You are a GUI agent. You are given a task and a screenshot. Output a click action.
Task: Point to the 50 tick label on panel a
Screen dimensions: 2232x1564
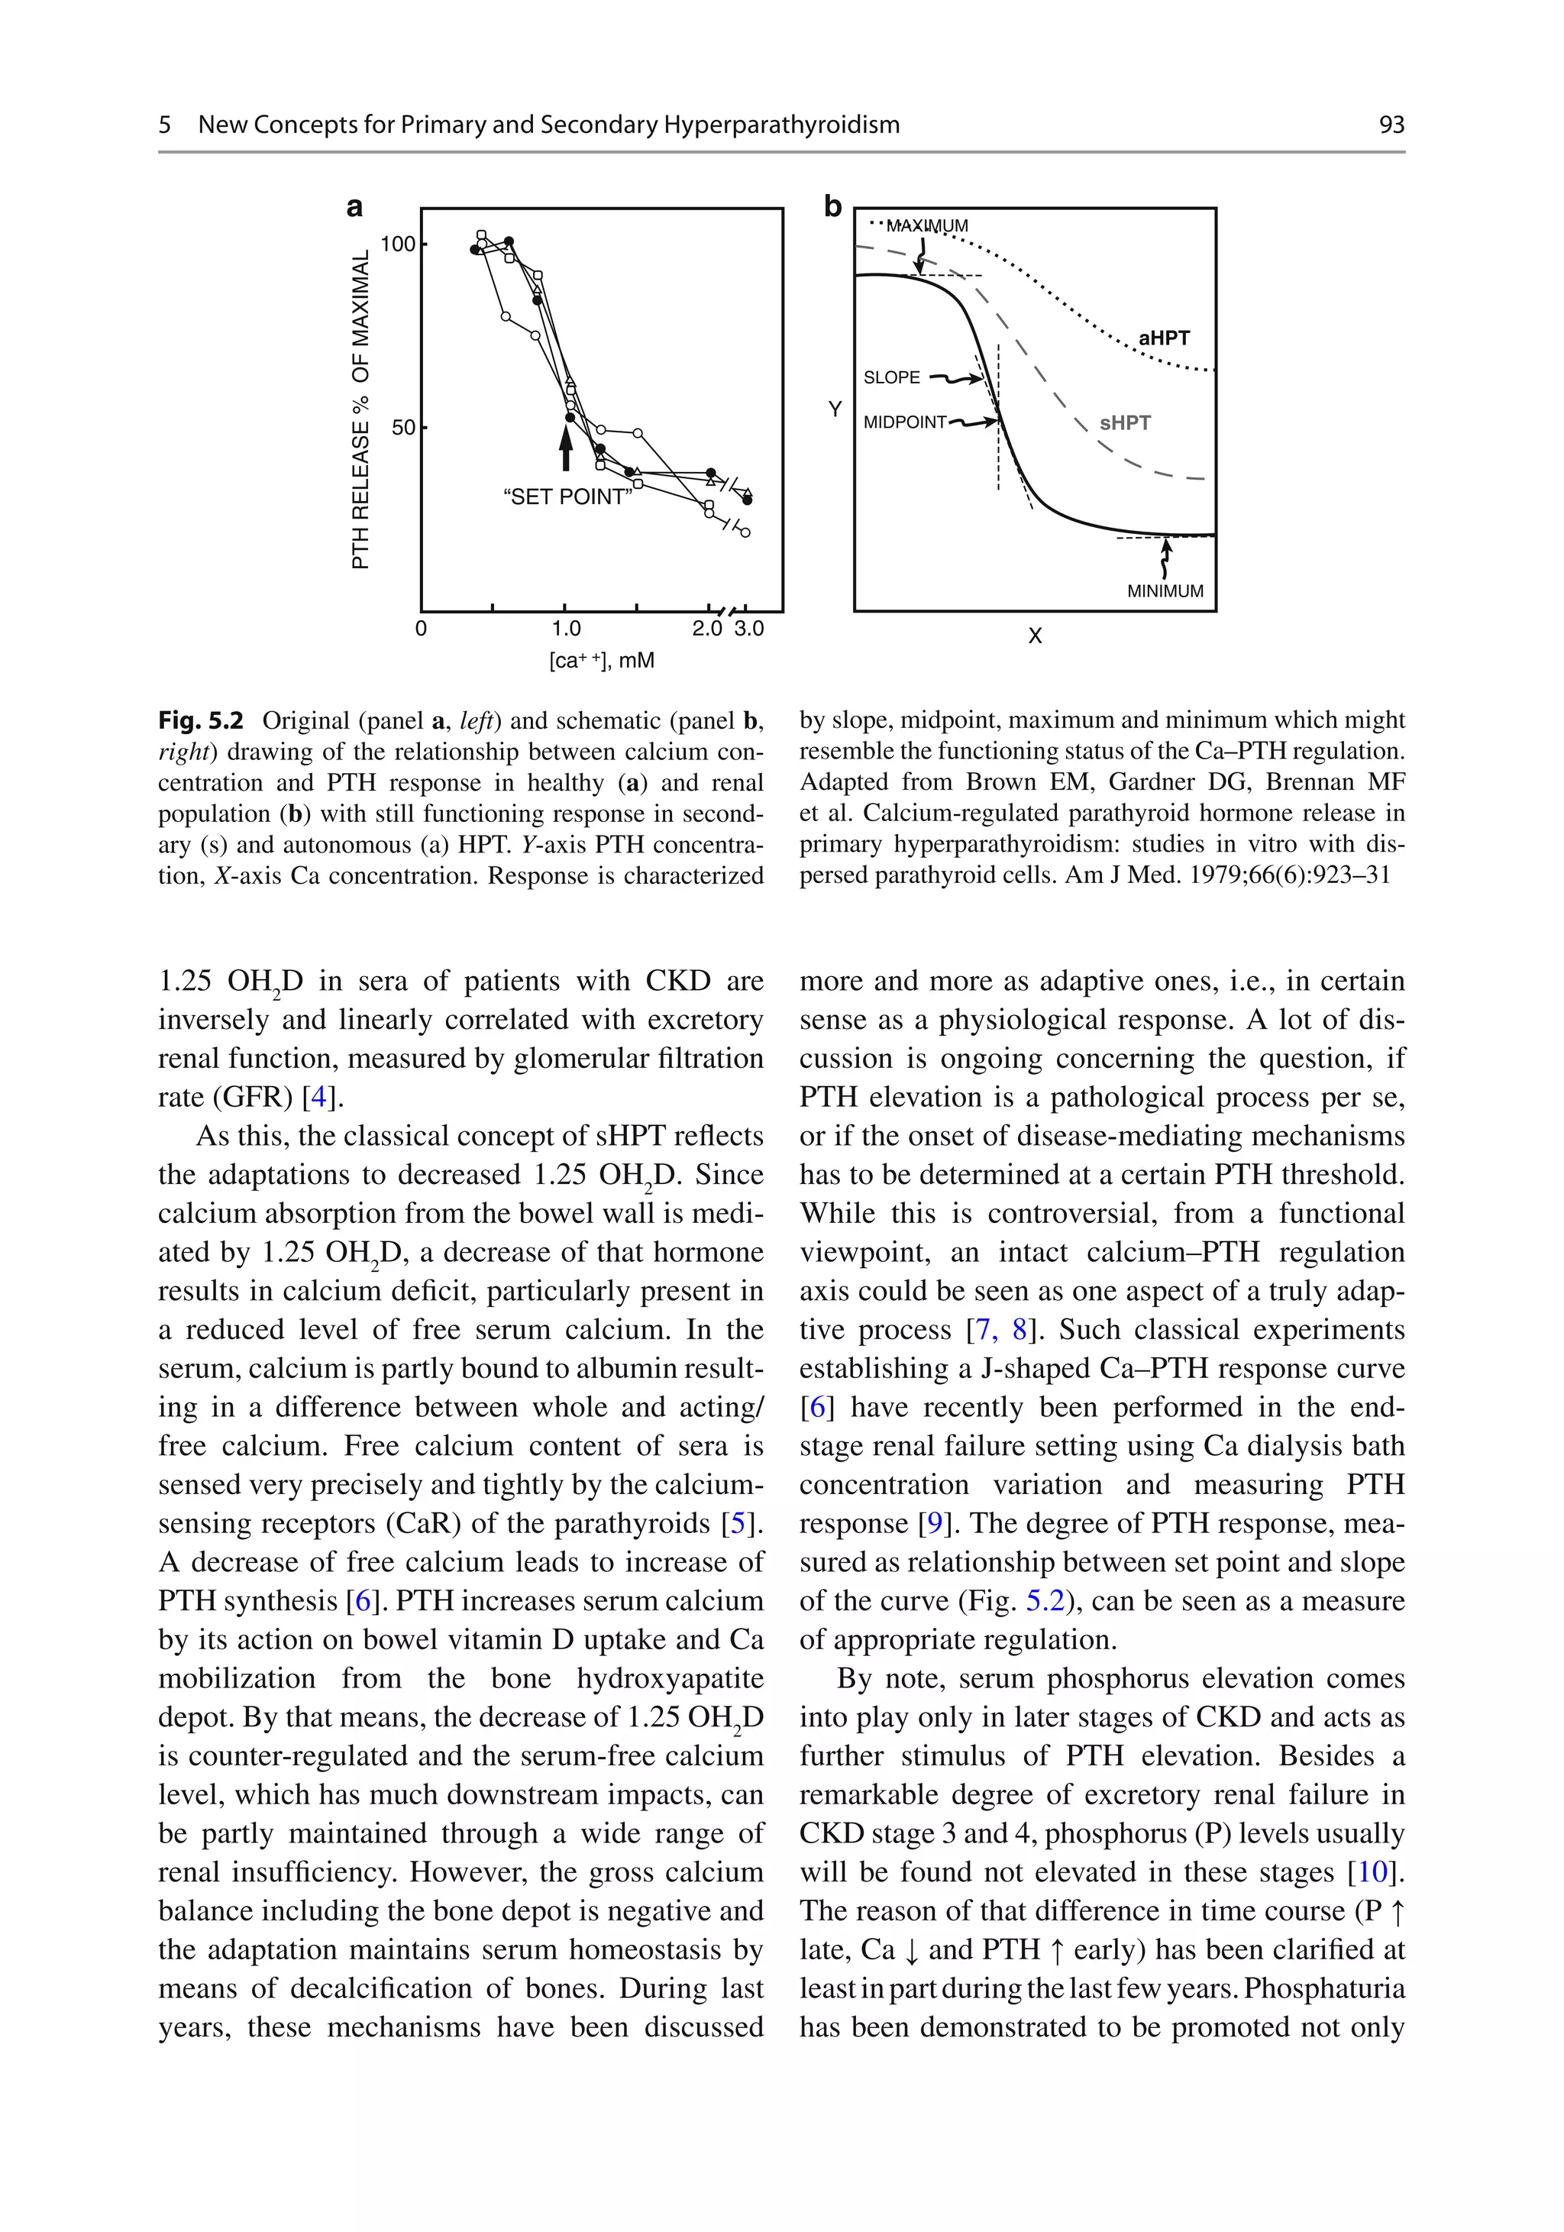point(402,428)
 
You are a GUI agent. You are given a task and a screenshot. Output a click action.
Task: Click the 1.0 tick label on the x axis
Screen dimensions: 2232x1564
point(566,629)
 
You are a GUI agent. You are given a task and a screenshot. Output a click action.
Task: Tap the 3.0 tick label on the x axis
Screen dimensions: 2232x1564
point(748,629)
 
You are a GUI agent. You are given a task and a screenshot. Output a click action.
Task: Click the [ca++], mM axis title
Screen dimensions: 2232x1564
point(602,661)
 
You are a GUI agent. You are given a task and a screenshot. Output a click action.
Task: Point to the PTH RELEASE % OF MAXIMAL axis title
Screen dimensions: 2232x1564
point(360,409)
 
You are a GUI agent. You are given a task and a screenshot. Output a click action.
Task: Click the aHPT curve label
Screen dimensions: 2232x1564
point(1164,338)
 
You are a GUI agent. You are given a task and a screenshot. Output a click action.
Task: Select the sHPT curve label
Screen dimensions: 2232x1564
point(1125,423)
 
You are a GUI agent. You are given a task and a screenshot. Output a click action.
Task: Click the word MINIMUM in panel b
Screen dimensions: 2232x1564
point(1165,591)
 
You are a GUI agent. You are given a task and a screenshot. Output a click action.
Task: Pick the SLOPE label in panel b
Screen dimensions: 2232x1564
point(891,377)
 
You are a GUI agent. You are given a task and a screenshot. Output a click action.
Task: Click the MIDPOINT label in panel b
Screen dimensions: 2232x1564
point(904,422)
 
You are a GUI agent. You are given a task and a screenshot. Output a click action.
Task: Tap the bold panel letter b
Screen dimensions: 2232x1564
point(832,207)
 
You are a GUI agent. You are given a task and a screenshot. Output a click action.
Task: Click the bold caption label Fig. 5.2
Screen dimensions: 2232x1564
point(201,720)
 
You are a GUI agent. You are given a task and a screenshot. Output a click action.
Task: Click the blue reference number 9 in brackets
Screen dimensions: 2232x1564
point(935,1522)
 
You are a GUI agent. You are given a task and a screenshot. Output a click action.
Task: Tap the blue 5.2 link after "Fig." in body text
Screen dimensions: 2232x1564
point(1045,1600)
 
